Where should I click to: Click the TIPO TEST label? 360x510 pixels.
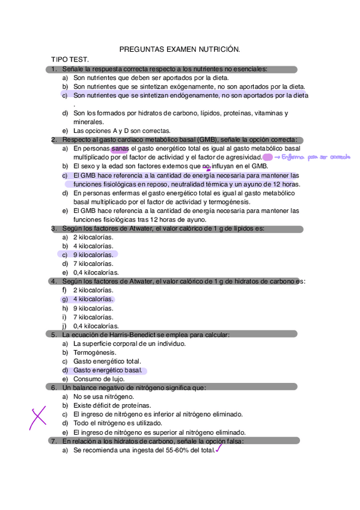tap(70, 60)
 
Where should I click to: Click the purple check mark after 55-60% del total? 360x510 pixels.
tap(219, 447)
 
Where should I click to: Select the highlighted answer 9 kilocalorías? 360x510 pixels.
tap(93, 254)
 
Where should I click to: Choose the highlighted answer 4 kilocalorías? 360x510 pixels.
tap(93, 299)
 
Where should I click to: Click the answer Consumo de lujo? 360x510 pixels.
tap(99, 379)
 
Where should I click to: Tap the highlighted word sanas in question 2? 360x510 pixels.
tap(120, 148)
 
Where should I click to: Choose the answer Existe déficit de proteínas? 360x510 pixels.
tap(112, 406)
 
